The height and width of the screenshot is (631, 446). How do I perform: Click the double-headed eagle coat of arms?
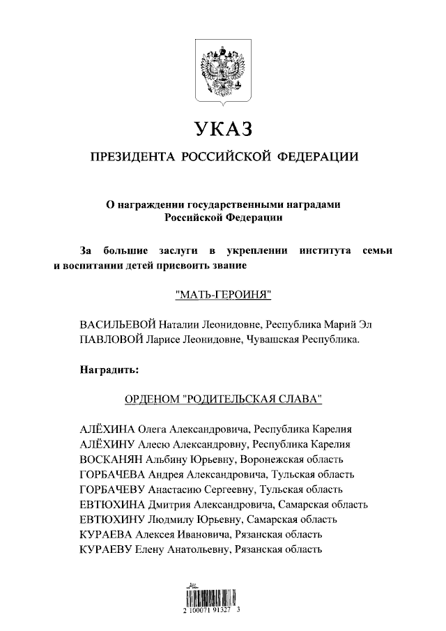coord(222,72)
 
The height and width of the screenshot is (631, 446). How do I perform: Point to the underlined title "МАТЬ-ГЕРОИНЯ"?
coord(222,296)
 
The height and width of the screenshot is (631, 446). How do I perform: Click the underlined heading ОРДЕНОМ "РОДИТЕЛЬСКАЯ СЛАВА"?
coord(222,400)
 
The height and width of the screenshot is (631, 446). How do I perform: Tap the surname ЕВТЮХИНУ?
coord(111,519)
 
